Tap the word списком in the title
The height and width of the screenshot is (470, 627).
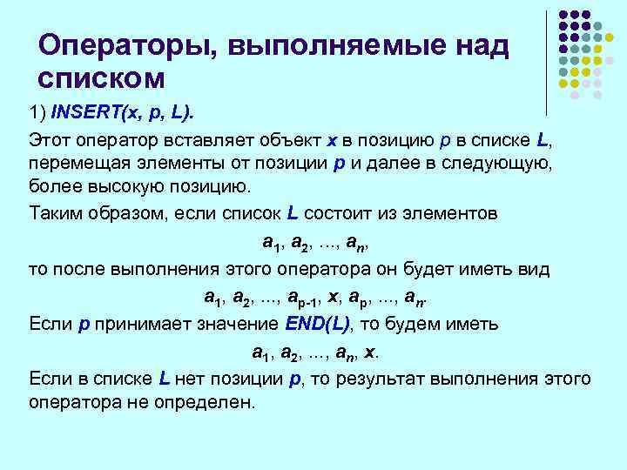click(101, 78)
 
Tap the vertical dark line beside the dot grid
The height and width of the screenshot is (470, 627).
click(546, 61)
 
